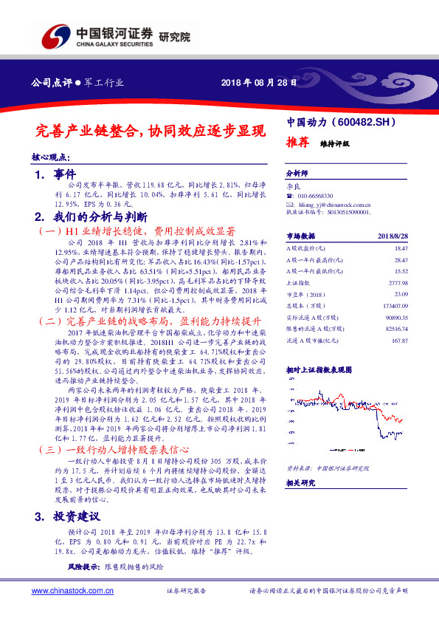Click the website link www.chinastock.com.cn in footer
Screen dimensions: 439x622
[72, 591]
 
